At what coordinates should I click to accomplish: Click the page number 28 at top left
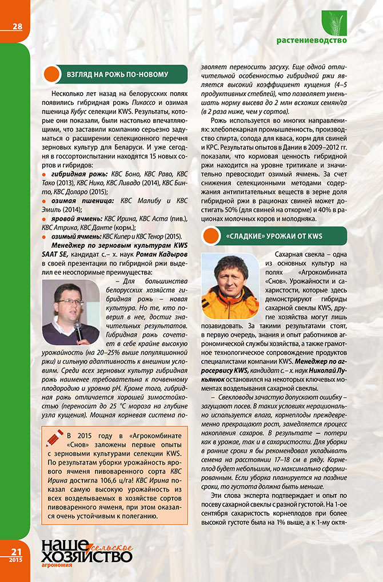pos(14,26)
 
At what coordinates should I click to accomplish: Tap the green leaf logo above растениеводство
pos(334,23)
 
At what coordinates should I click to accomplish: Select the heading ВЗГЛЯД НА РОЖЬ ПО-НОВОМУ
pos(118,74)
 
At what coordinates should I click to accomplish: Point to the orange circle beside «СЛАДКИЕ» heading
pos(213,235)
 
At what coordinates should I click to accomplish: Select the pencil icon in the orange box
pos(53,438)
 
